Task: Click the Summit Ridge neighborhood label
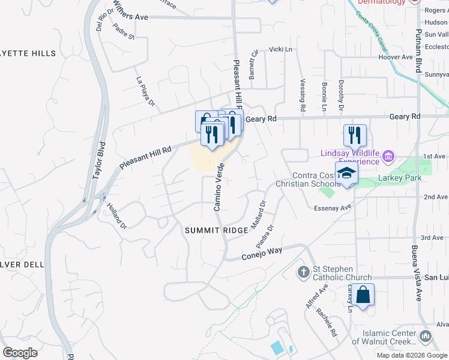click(216, 231)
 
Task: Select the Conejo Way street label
click(262, 251)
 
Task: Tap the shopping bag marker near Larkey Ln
click(363, 296)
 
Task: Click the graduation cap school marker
click(346, 174)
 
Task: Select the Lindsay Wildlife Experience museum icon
click(388, 157)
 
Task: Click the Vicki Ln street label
click(280, 49)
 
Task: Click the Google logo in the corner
click(20, 352)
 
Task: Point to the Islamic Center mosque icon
click(426, 337)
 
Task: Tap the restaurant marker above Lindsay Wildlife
click(355, 136)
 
